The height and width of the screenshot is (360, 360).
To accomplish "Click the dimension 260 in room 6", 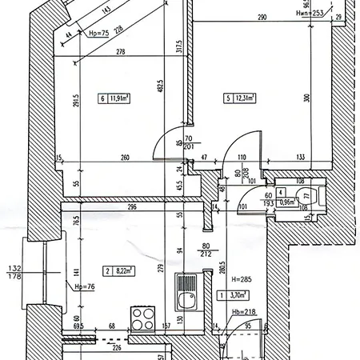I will click(126, 158).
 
